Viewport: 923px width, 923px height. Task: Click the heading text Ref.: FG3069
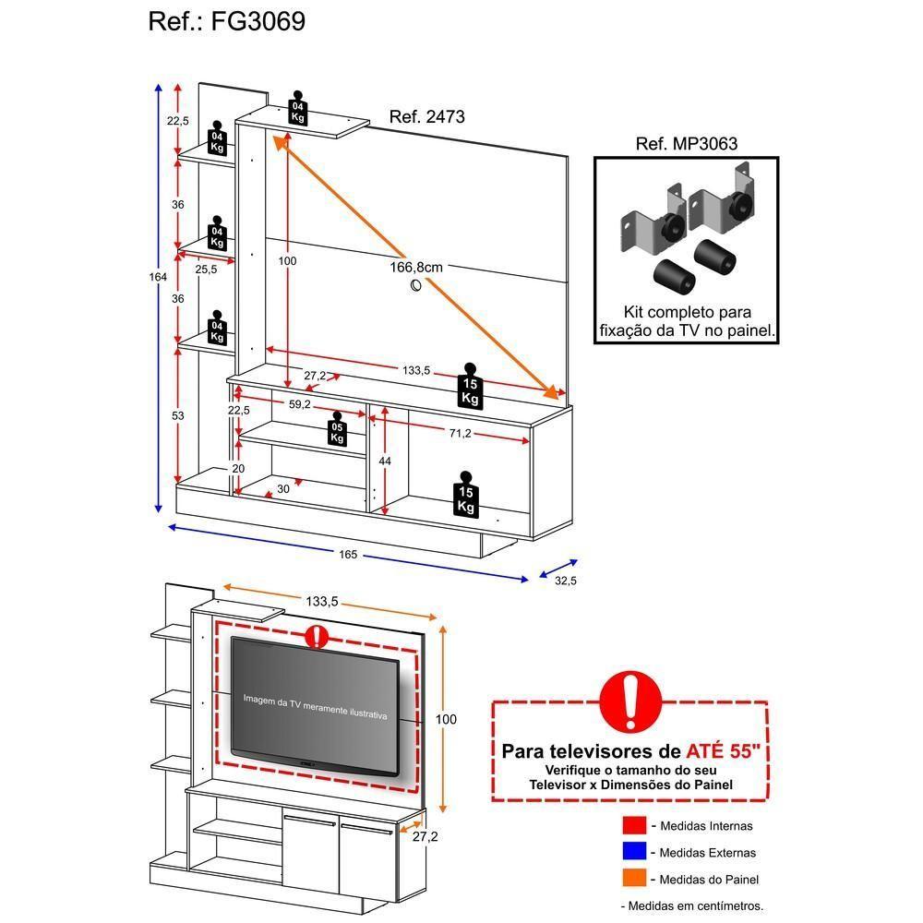227,22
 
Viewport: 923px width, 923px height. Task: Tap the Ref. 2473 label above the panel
426,117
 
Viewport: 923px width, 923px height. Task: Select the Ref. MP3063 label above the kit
687,144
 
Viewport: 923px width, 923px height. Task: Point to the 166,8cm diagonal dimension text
416,267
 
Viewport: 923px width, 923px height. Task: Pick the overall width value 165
347,555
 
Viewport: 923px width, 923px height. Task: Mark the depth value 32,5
565,581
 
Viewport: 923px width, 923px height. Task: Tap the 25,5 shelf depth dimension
206,270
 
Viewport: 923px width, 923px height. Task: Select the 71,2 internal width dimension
461,433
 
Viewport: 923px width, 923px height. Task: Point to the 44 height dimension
385,460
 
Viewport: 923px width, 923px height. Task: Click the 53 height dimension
178,416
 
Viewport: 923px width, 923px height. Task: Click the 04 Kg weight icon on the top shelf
297,109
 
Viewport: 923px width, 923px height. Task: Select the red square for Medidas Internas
633,825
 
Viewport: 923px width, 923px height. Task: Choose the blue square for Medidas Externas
633,852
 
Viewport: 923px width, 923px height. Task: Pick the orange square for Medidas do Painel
633,879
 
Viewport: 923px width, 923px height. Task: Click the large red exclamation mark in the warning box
630,701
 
